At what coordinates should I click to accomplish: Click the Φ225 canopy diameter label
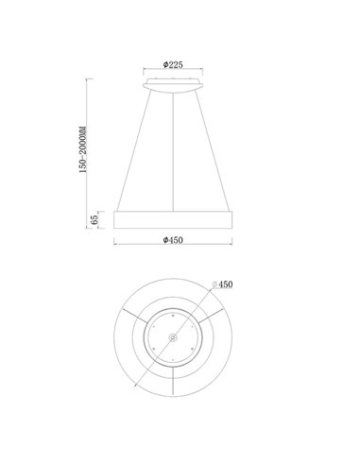(173, 64)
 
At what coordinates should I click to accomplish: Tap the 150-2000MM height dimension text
(83, 149)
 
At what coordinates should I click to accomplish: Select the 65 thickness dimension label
(94, 219)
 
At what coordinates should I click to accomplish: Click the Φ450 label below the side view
(173, 240)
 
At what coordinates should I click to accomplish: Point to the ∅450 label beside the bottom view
(222, 284)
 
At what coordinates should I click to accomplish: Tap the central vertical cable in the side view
(173, 152)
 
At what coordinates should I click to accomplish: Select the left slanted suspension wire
(134, 149)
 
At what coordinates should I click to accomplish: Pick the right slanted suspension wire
(213, 149)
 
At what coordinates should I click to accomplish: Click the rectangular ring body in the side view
(173, 219)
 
